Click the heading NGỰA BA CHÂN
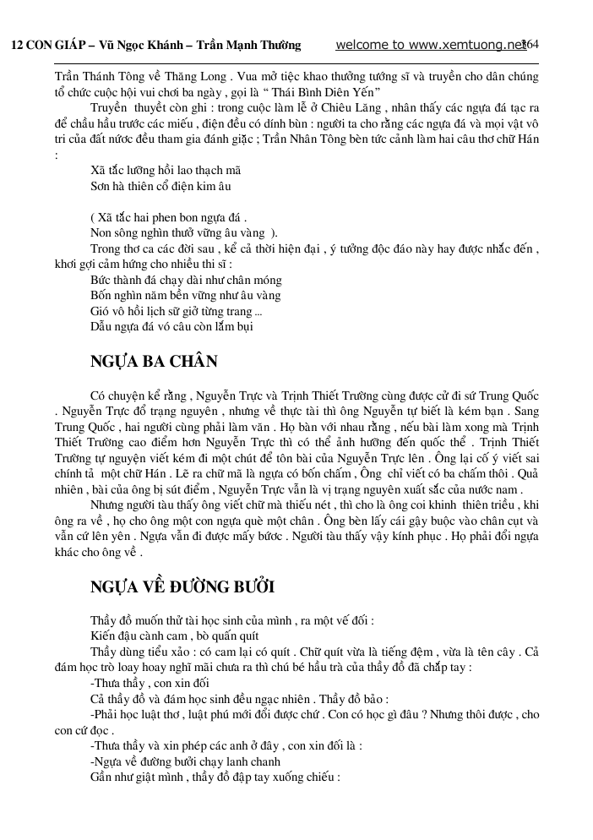154,363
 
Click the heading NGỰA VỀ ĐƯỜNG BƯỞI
182,587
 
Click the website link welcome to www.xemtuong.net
431,45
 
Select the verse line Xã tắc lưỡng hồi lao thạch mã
166,169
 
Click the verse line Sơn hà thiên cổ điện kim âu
160,185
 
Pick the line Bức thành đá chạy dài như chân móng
186,280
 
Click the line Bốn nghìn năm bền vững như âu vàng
186,295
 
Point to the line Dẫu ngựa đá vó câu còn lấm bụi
171,325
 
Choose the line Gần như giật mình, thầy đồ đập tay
215,777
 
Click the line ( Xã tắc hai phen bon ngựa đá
168,217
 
